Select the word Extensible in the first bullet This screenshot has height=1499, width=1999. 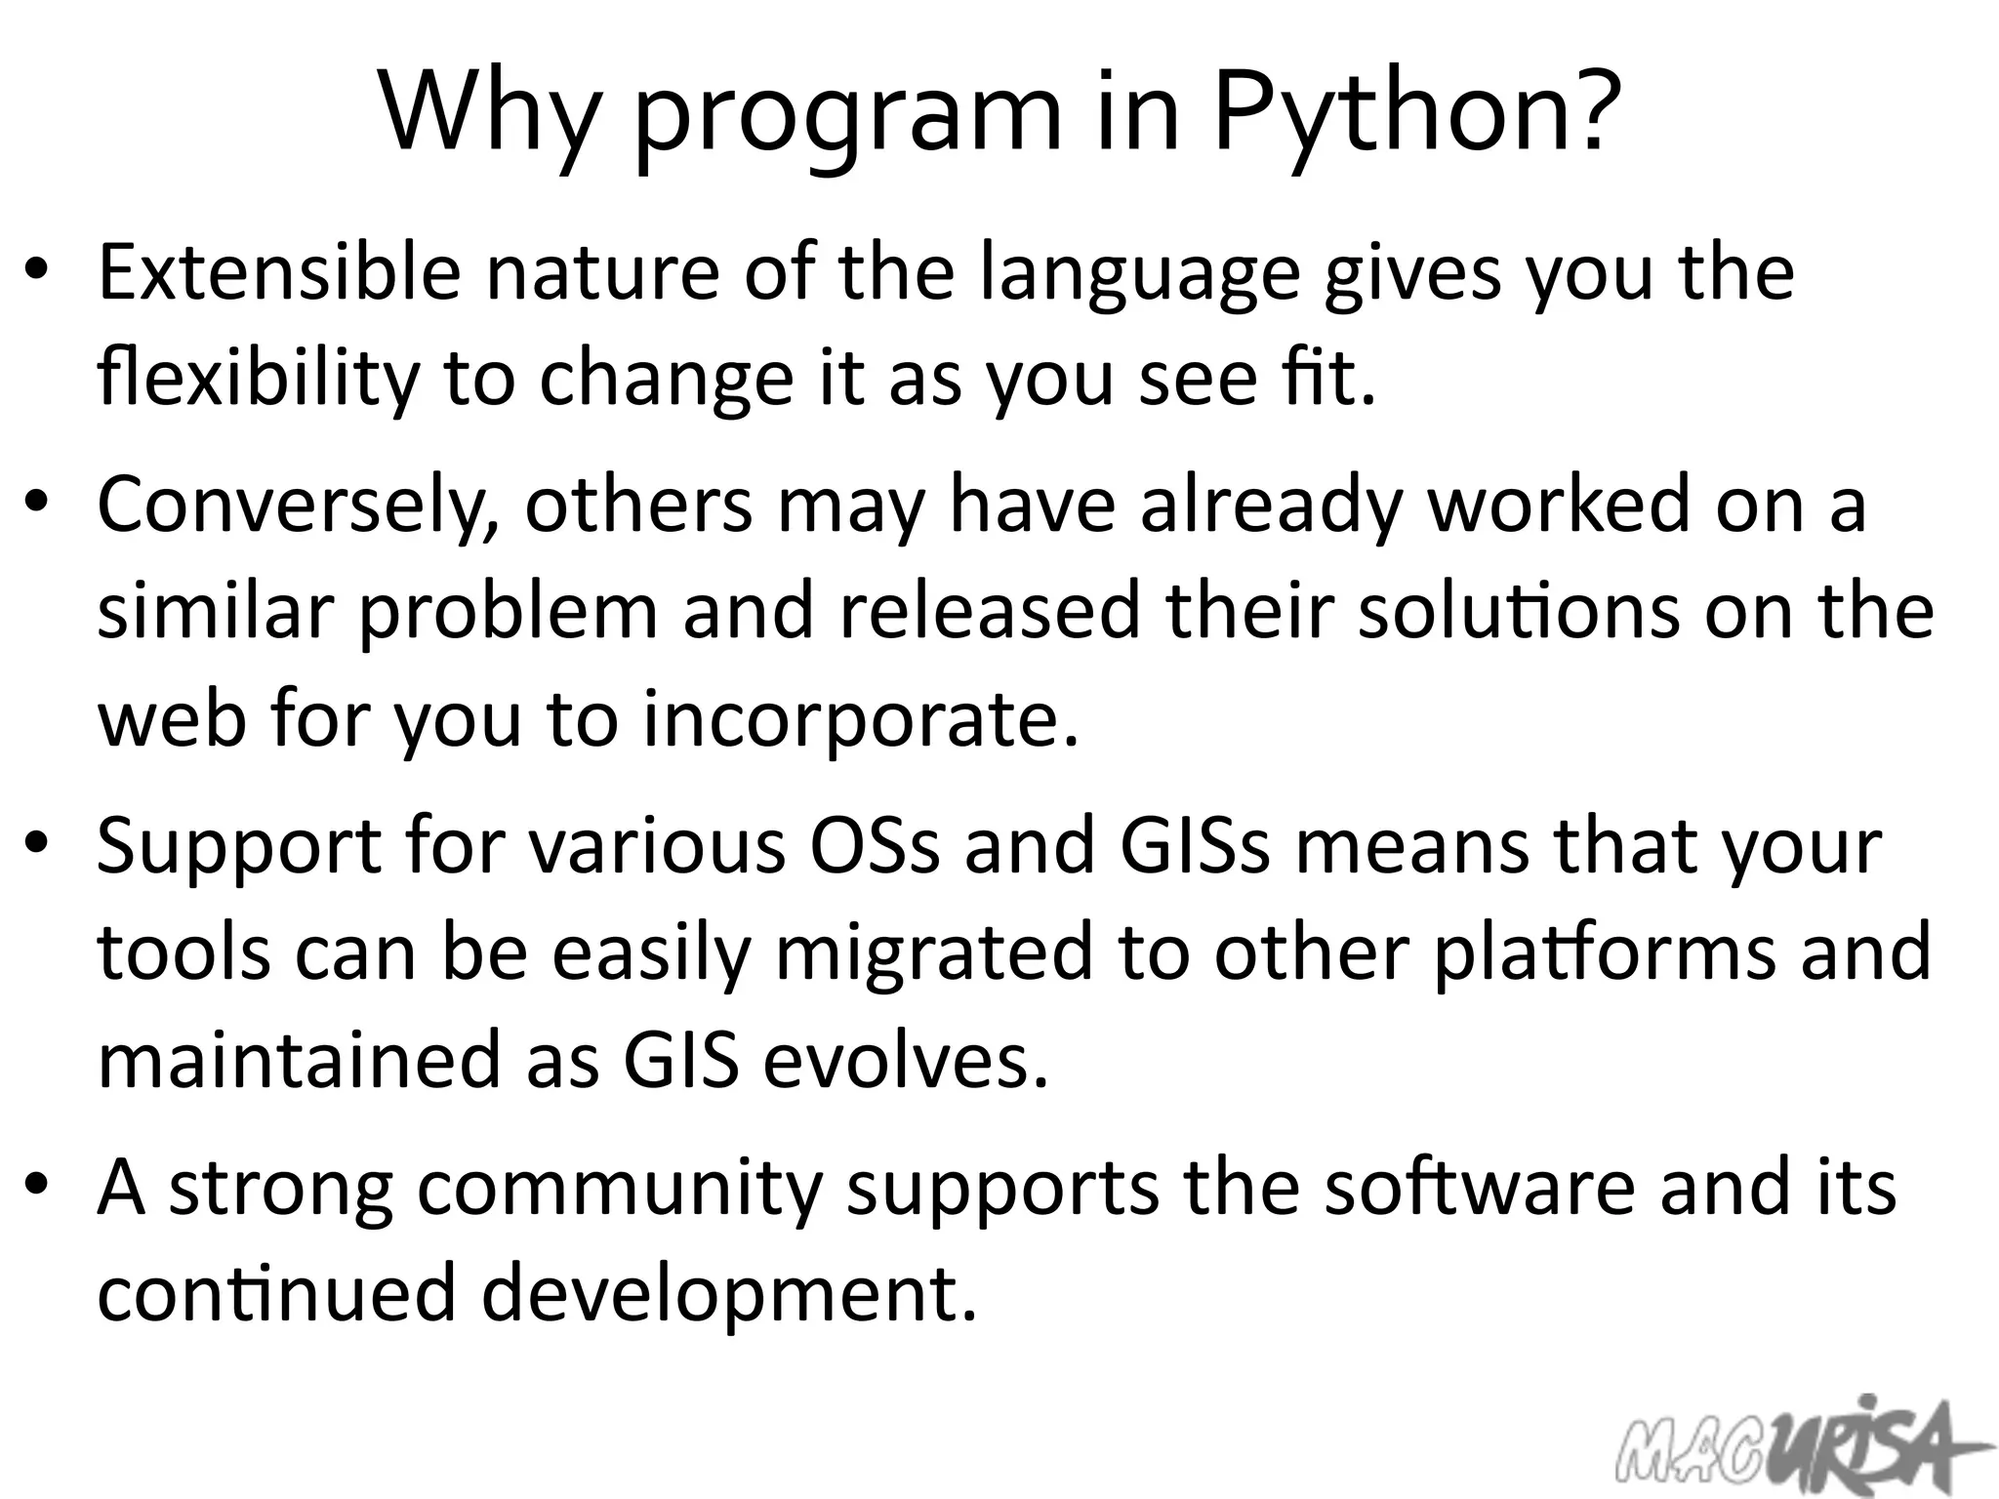[279, 272]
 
